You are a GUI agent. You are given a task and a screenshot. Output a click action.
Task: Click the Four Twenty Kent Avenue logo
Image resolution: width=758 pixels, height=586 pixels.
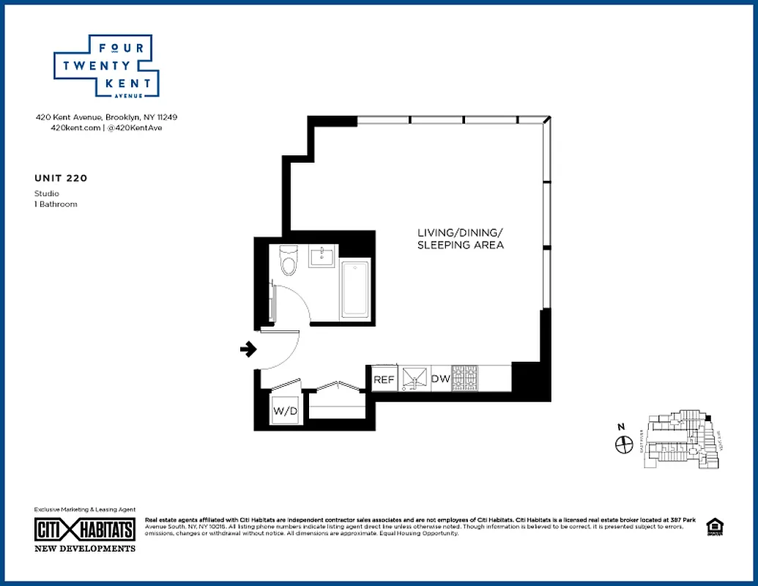107,66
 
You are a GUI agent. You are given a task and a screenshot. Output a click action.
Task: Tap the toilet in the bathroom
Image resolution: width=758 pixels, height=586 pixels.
289,261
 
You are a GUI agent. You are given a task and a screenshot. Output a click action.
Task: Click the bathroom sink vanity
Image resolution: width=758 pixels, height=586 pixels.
322,257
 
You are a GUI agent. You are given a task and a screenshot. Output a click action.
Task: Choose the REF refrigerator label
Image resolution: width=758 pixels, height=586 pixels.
384,379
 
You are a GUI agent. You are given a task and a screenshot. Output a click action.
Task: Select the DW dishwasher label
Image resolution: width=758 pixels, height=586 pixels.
440,379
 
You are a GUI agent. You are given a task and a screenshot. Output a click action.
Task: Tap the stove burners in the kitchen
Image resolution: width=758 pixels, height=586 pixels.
464,378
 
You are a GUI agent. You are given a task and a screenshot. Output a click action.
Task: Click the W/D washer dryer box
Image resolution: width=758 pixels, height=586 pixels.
285,412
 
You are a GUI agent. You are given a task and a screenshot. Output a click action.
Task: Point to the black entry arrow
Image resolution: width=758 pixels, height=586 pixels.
248,349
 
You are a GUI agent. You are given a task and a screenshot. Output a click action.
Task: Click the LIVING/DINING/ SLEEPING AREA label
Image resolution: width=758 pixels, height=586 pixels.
460,239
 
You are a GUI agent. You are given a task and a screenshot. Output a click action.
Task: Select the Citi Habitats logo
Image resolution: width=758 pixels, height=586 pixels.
85,530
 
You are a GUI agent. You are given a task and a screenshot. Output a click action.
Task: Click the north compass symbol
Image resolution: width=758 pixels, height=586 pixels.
624,443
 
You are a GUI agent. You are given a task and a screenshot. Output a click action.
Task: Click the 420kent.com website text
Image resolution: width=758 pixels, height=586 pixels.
75,127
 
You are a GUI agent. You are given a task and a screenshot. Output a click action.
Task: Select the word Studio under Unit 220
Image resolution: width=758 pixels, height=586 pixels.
47,193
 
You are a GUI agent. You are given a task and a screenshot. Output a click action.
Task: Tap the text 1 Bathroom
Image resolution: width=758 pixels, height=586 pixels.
56,204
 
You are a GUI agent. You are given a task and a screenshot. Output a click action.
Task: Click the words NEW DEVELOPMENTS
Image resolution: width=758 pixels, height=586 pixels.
85,548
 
